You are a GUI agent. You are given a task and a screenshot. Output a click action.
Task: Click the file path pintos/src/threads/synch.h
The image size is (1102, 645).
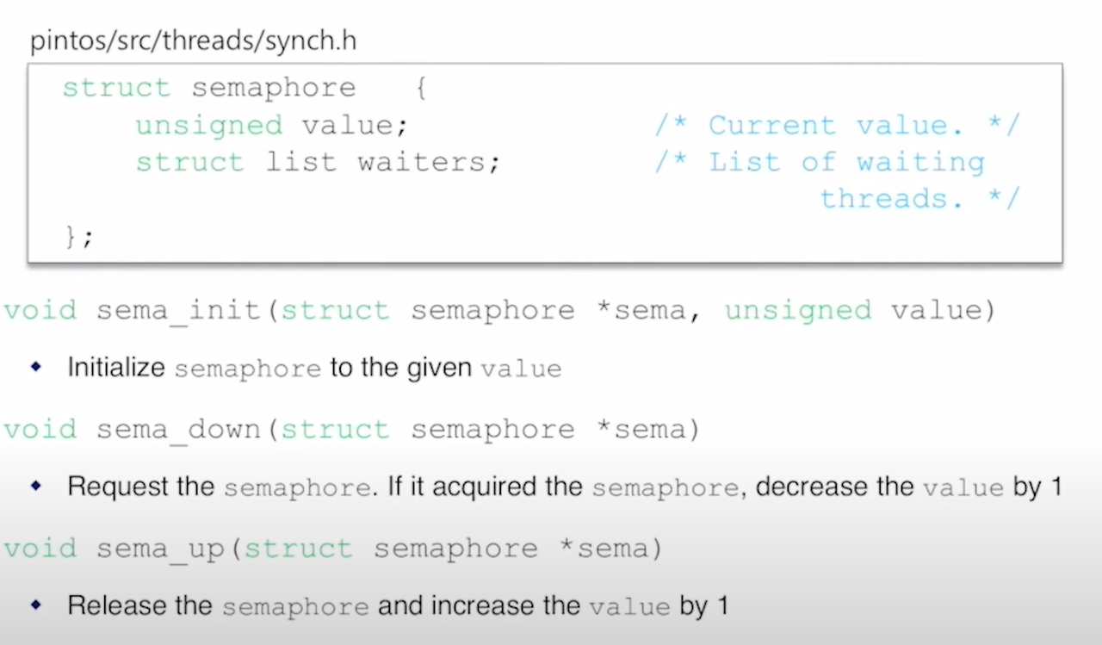coord(193,42)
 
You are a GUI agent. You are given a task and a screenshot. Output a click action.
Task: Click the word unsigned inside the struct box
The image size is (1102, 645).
coord(208,126)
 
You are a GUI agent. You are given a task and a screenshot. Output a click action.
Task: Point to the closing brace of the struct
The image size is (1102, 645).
coord(72,236)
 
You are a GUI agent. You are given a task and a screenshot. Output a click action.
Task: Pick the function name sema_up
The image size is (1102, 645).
coord(160,549)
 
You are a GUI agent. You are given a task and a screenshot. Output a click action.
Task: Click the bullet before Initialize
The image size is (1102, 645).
coord(35,367)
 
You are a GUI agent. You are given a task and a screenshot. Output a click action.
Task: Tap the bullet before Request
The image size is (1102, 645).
coord(35,486)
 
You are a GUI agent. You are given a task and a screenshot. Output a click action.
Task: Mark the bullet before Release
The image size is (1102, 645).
coord(35,605)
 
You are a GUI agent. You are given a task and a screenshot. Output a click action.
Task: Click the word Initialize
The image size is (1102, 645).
coord(116,369)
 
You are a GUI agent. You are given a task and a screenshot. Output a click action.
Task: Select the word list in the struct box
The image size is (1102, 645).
coord(300,163)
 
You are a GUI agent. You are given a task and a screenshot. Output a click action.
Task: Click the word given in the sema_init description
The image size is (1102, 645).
coord(441,369)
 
